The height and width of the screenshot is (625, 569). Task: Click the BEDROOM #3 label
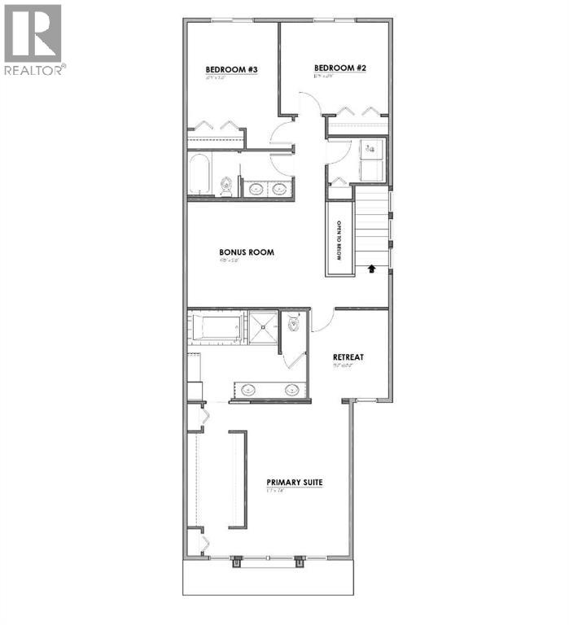click(230, 71)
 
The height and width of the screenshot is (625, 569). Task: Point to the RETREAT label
click(348, 357)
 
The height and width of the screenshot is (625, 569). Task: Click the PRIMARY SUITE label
click(295, 483)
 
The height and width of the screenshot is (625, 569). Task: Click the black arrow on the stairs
click(373, 268)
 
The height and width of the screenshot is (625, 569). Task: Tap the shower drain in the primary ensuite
click(265, 328)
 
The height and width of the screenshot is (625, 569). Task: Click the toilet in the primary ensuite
click(293, 323)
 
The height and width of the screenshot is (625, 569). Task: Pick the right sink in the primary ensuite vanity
click(291, 389)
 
